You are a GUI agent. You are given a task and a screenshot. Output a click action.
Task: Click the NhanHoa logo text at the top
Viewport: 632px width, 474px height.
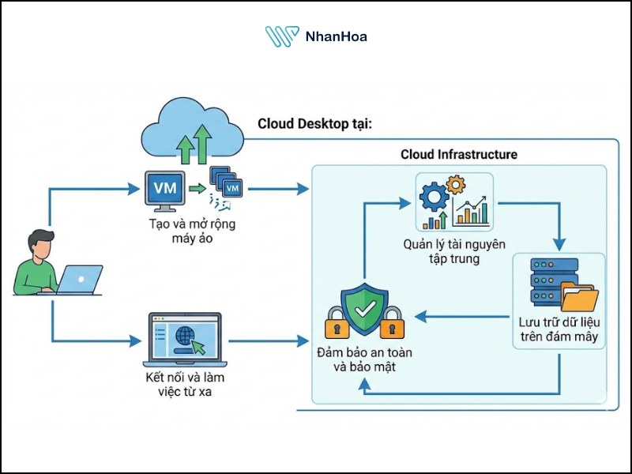(336, 36)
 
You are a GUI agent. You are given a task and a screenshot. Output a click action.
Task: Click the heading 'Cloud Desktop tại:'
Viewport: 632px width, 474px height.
(314, 125)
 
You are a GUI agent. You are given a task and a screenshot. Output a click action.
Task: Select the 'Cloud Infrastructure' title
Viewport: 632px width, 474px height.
(459, 154)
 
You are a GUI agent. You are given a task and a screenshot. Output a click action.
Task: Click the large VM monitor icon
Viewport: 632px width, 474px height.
(164, 190)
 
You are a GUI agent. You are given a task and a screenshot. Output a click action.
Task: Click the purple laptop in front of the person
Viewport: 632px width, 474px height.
(80, 279)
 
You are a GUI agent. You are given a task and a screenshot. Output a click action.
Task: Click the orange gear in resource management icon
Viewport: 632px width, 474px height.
(456, 186)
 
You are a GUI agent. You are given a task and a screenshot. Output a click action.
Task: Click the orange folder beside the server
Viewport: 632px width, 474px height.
(579, 299)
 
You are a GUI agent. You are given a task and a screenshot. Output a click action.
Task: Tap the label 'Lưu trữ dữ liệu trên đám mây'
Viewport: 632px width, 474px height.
(558, 330)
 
